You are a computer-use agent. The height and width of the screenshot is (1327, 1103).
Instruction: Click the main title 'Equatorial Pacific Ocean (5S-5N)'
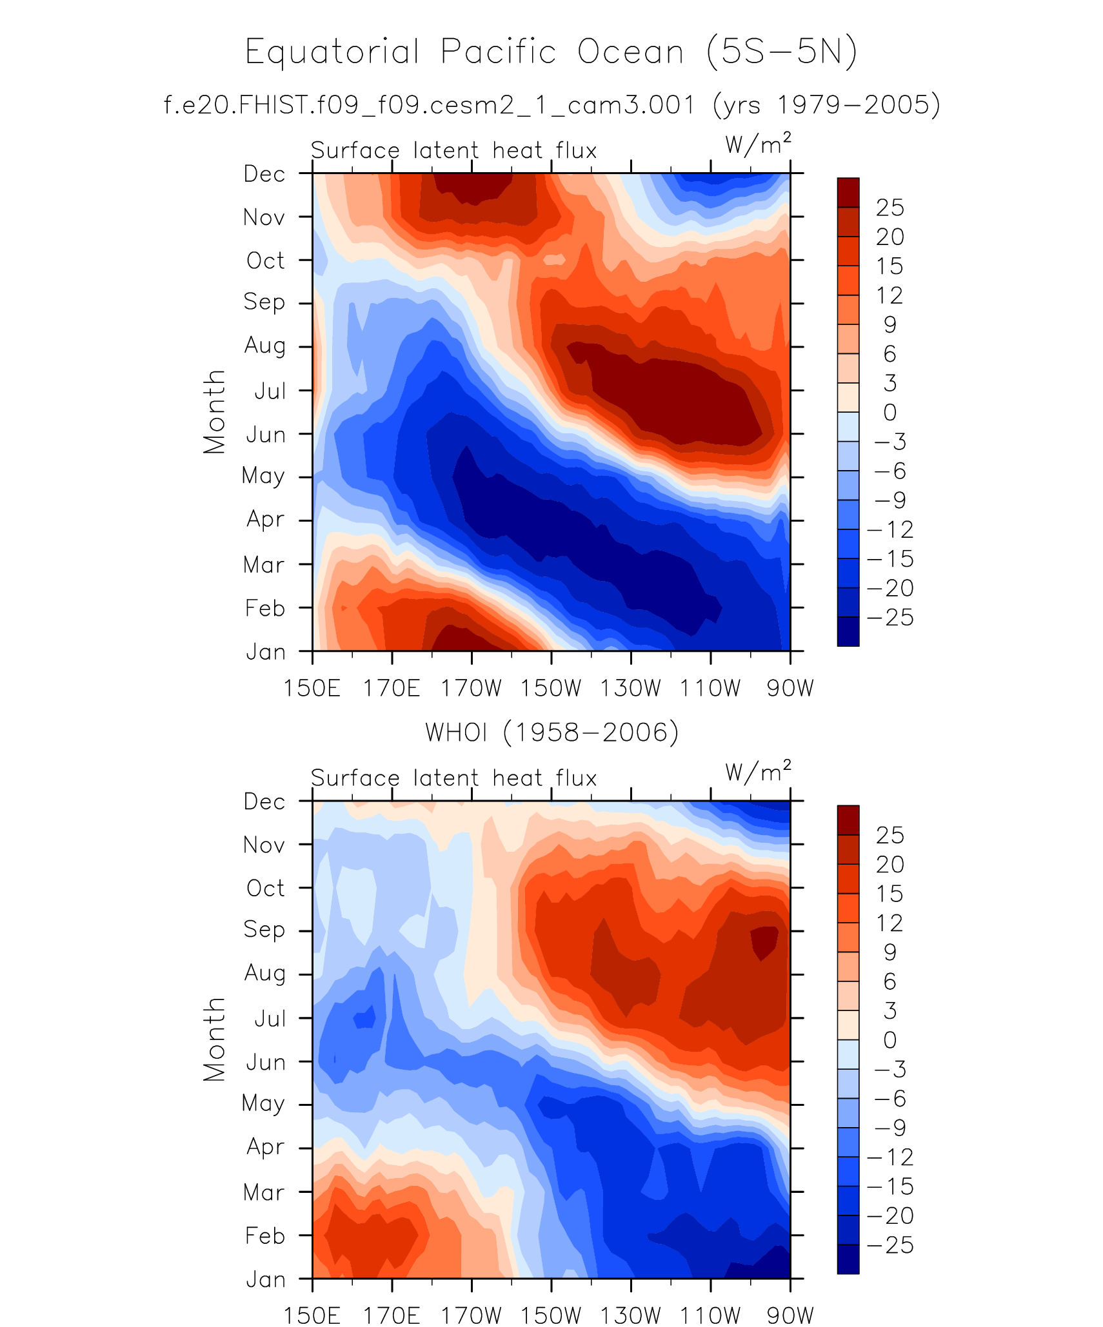(x=551, y=52)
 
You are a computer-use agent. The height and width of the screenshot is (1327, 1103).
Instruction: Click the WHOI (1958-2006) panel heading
(x=551, y=732)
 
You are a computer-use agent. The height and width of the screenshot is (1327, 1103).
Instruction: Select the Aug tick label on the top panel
(x=264, y=346)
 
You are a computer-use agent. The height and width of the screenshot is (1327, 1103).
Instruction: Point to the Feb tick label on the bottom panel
(x=264, y=1236)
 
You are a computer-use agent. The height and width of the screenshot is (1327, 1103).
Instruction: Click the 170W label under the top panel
(x=471, y=688)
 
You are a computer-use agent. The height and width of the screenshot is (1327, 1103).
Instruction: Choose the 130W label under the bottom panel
(x=630, y=1315)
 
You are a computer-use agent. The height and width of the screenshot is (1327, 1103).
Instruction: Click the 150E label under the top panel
(x=312, y=688)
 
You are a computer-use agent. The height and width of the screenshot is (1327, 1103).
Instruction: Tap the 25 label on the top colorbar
(x=890, y=208)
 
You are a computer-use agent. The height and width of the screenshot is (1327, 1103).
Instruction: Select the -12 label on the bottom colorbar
(x=890, y=1157)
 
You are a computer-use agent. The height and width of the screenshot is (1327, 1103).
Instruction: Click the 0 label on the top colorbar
(x=890, y=413)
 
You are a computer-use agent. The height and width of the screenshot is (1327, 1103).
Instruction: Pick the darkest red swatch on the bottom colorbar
(x=848, y=820)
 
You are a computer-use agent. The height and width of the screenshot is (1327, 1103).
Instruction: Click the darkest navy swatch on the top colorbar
(x=848, y=631)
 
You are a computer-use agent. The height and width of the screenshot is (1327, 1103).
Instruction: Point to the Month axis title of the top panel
(x=214, y=412)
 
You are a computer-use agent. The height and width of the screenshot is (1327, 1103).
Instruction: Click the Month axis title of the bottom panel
(x=214, y=1039)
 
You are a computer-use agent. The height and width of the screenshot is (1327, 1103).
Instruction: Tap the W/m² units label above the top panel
(x=758, y=144)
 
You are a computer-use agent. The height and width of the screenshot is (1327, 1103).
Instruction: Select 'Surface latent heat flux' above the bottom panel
(x=453, y=778)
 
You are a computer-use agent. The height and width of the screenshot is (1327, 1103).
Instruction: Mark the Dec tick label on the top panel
(x=264, y=174)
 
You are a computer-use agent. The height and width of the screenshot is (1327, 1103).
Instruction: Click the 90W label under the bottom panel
(x=790, y=1315)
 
